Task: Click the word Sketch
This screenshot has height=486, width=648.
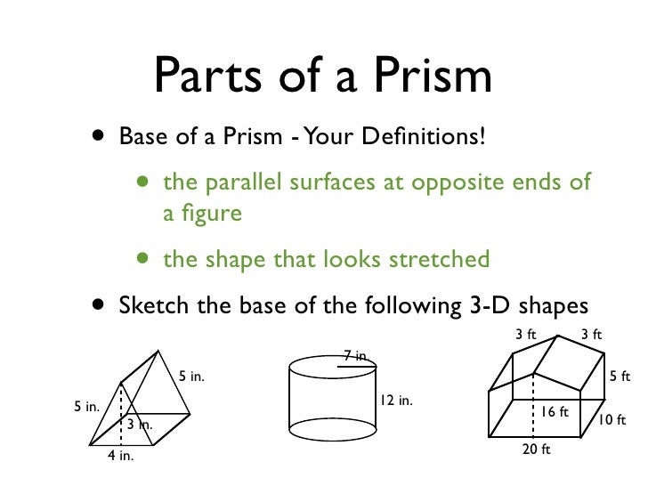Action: [153, 305]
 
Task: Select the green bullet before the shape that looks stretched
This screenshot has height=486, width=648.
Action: [143, 259]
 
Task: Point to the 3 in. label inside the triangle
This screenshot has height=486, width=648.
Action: [138, 425]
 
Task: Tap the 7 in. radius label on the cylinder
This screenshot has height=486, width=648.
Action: [355, 357]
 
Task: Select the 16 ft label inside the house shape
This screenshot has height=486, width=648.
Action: [555, 412]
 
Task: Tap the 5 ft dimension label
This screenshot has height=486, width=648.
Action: [620, 377]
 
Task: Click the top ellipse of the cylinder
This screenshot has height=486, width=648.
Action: [331, 368]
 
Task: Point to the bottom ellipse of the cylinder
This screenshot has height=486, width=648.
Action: [331, 429]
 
